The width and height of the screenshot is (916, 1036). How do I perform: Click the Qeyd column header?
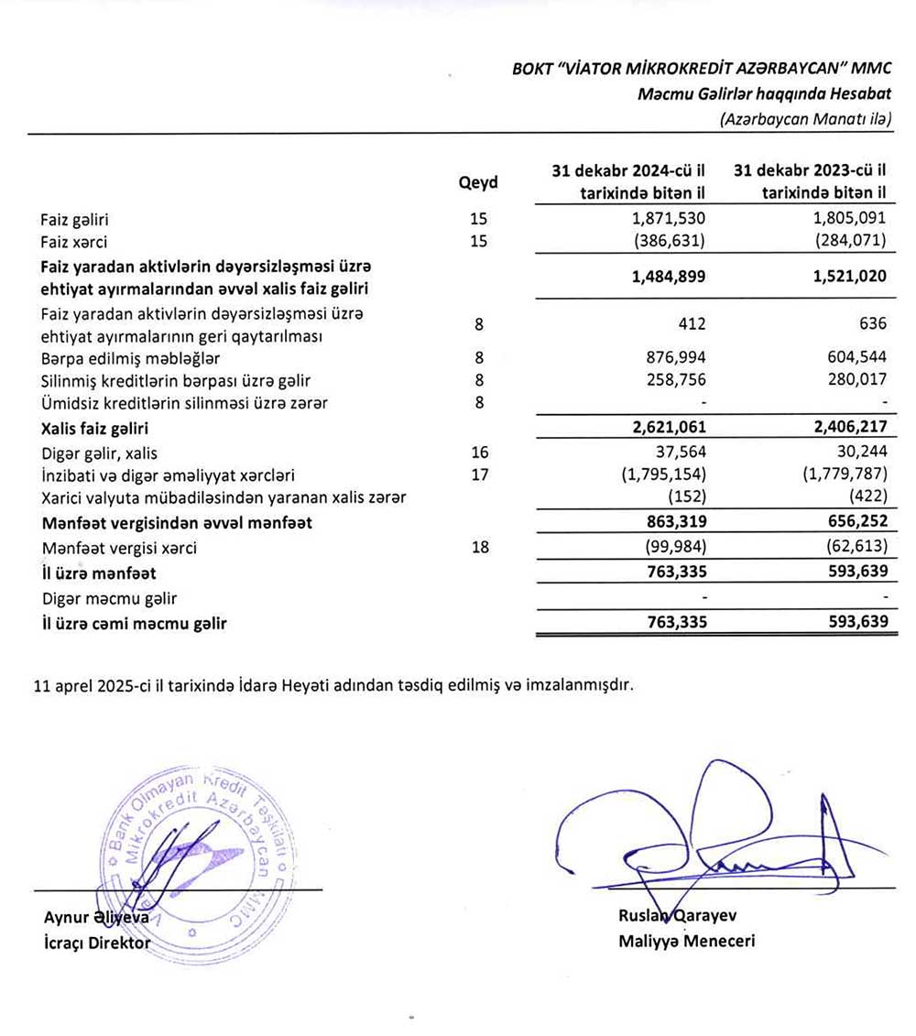[477, 182]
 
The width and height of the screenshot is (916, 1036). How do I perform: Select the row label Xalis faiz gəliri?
[94, 428]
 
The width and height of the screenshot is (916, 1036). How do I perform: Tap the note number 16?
[477, 453]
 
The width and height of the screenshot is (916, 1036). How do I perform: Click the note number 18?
[477, 549]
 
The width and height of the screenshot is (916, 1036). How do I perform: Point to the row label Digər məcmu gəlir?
[109, 599]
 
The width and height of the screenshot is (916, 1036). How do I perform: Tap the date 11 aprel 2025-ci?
[92, 684]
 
